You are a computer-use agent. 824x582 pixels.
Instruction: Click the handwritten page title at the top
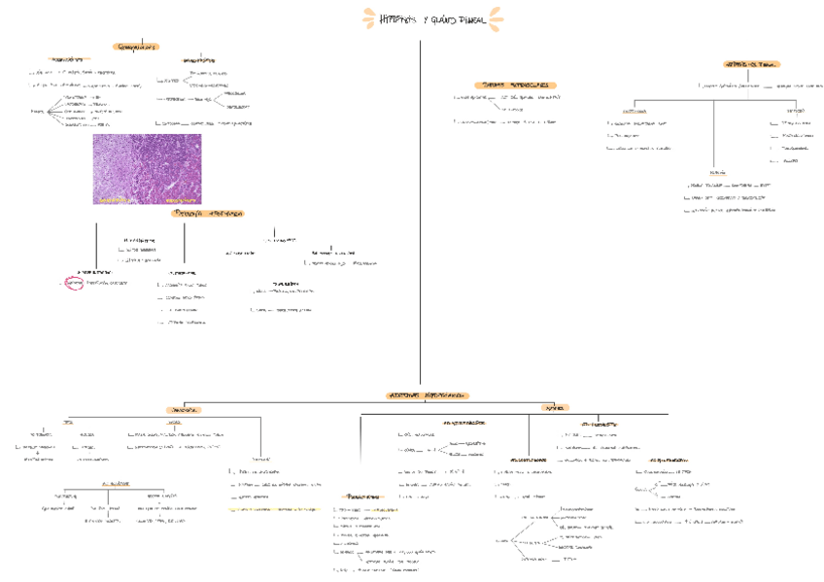pyautogui.click(x=433, y=18)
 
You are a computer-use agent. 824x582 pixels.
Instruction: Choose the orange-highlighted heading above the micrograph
pyautogui.click(x=136, y=46)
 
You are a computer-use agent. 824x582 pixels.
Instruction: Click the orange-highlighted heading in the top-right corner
pyautogui.click(x=752, y=64)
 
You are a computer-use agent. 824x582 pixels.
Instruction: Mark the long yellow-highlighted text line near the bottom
pyautogui.click(x=272, y=508)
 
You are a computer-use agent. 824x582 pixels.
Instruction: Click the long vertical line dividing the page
pyautogui.click(x=420, y=214)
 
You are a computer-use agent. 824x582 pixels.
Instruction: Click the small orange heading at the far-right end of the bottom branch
pyautogui.click(x=557, y=408)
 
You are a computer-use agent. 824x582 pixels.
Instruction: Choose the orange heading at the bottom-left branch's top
pyautogui.click(x=183, y=410)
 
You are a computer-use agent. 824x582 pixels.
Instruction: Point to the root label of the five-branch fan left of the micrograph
pyautogui.click(x=37, y=112)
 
